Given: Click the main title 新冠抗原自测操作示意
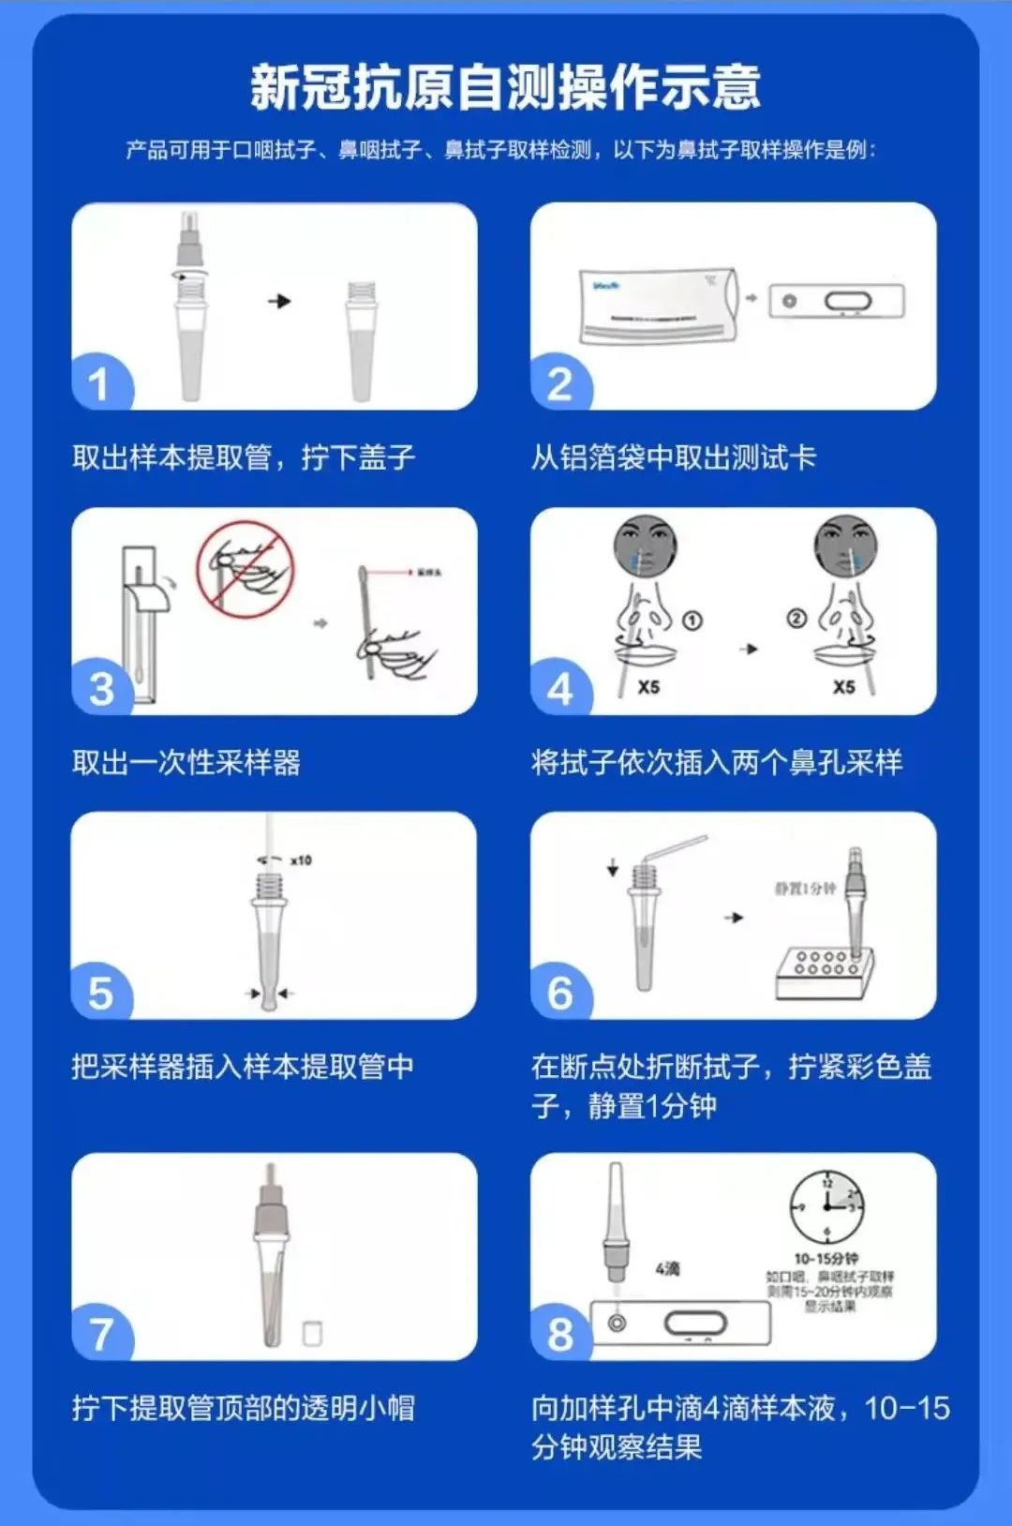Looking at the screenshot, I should pos(505,87).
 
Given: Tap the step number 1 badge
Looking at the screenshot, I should pos(99,384).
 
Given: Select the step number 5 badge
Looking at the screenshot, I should pos(99,994).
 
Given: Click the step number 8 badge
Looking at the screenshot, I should pos(560,1334).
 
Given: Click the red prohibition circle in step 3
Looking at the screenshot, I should pos(245,568).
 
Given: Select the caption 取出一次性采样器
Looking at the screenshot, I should pos(186,762).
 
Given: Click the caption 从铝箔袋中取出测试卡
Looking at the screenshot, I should pos(673,457).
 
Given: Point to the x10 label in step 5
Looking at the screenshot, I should pos(301,860).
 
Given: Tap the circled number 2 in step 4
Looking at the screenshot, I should pos(796,619).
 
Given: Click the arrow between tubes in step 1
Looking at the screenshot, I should pos(279,301).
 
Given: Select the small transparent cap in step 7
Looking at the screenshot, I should pos(313,1332).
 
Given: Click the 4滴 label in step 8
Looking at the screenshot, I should pos(667,1268).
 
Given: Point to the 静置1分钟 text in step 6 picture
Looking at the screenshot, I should pos(804,888).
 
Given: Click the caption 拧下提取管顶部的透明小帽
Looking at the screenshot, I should pos(243,1408).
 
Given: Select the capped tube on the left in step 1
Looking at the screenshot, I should pos(191,309).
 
